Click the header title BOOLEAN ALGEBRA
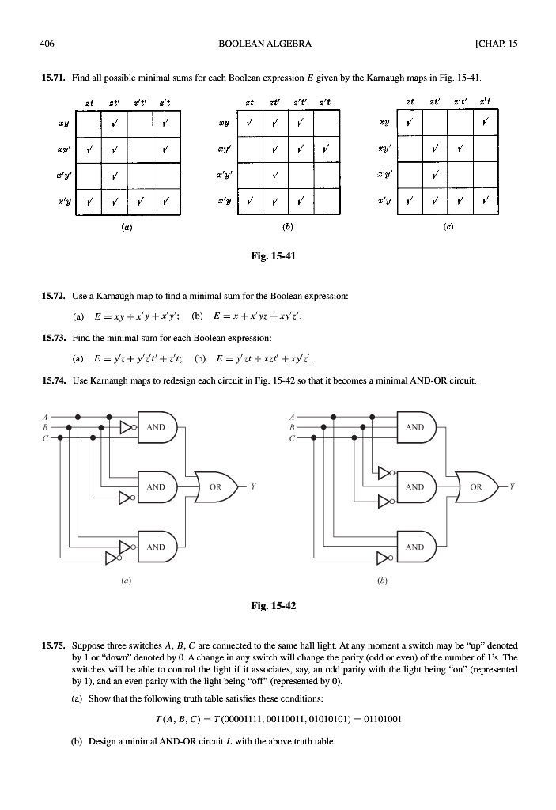pyautogui.click(x=265, y=44)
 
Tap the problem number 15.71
pyautogui.click(x=52, y=79)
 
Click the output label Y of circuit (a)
pyautogui.click(x=252, y=486)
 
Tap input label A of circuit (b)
pyautogui.click(x=293, y=414)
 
